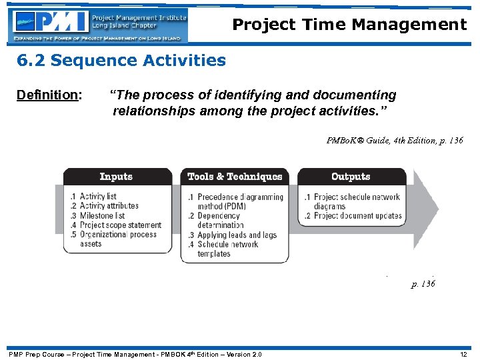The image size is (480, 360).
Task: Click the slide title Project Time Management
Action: coord(349,25)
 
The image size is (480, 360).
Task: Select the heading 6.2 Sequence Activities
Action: coord(121,61)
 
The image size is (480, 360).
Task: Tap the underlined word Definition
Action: coord(47,95)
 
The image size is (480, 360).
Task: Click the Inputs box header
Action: coord(116,177)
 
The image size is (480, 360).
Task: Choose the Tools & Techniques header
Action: coord(235,177)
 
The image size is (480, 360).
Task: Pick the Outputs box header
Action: coord(351,177)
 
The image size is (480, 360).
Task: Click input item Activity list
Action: coord(97,197)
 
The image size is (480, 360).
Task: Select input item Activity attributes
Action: coord(109,206)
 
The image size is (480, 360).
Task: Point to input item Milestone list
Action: coord(102,215)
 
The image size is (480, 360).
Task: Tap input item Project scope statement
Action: coord(120,225)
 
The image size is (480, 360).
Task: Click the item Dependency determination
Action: coord(220,221)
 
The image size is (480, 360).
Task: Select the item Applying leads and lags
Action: coord(237,235)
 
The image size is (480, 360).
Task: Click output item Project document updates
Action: coord(357,215)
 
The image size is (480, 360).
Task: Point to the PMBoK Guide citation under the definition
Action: coord(394,141)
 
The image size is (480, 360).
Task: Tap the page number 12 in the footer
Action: coord(464,354)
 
